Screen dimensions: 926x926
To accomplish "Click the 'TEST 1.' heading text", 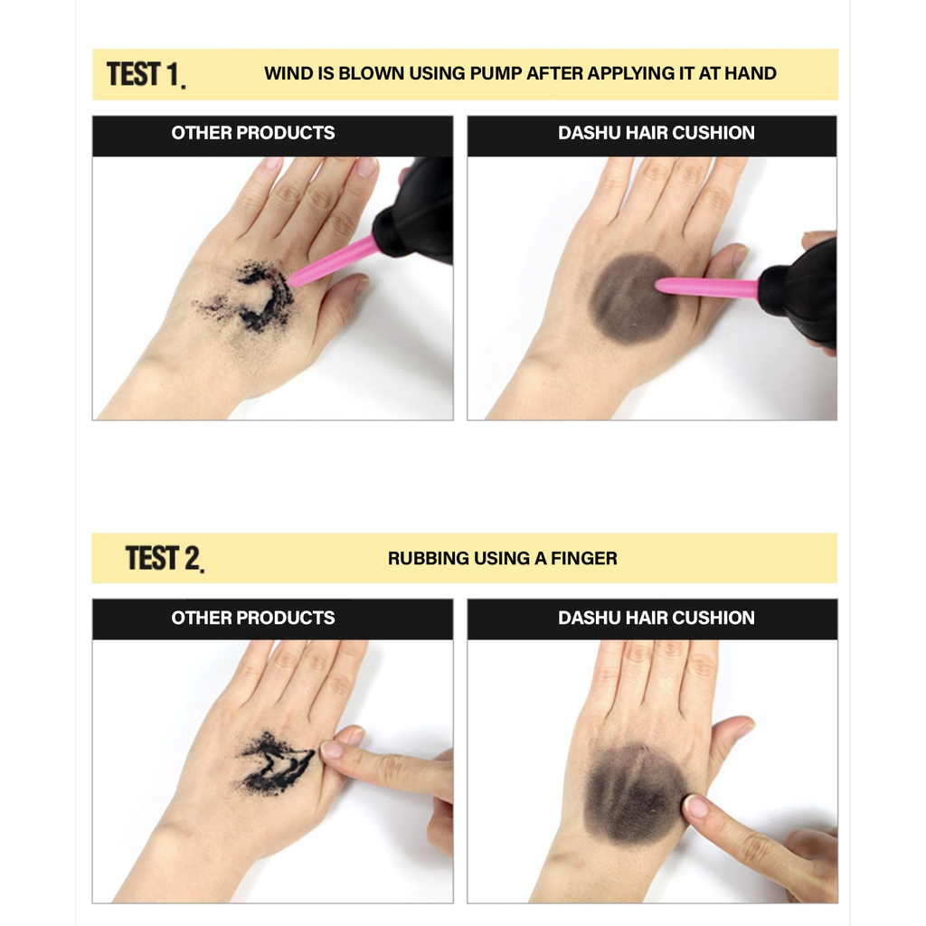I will click(x=146, y=74).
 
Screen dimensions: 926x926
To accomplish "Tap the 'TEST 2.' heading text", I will click(x=164, y=559).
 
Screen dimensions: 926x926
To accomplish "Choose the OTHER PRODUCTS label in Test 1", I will click(x=253, y=133).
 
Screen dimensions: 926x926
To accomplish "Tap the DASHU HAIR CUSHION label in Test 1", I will click(x=656, y=133).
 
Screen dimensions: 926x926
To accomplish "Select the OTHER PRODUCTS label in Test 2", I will click(x=253, y=619).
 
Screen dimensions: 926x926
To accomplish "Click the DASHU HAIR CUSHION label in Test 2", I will click(x=656, y=619).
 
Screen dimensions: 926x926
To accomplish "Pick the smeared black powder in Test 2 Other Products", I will click(x=275, y=764).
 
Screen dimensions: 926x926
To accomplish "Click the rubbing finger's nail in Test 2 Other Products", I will click(x=334, y=748).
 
